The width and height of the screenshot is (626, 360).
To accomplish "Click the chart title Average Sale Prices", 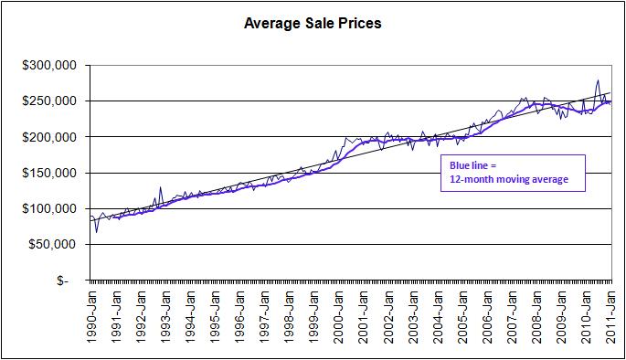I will click(x=313, y=23).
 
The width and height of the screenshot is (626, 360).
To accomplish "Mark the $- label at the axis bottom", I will click(x=63, y=281).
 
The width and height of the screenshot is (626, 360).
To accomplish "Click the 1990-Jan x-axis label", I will click(x=91, y=316).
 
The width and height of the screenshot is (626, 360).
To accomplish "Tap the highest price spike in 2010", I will click(x=597, y=80).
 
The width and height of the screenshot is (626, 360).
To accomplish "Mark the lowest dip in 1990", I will click(x=97, y=231).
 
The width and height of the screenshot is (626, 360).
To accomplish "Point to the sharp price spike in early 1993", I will click(x=161, y=188).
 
